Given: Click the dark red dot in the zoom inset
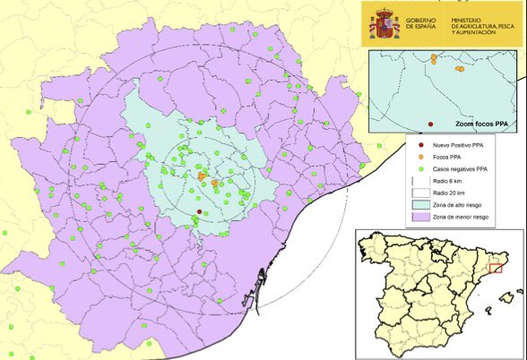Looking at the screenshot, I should (431, 124).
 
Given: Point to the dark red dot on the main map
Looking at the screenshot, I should (199, 212).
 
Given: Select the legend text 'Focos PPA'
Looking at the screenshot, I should (445, 156).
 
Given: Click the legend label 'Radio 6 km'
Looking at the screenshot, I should (448, 180).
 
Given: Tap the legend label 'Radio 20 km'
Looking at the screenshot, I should (449, 193).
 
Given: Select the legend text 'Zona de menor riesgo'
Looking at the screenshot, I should (463, 218).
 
